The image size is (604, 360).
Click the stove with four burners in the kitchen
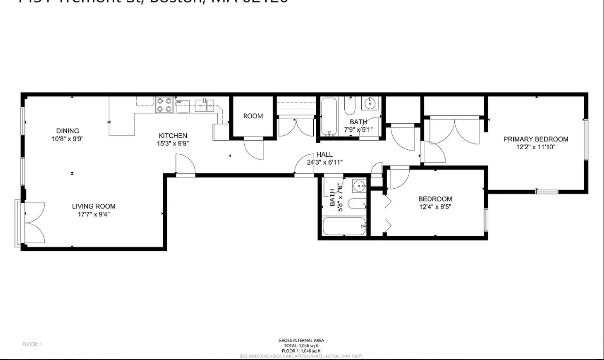[x=165, y=105]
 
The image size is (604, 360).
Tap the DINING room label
[x=68, y=131]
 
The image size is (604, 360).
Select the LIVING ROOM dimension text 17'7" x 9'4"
[x=94, y=215]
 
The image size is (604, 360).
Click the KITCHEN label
[x=172, y=136]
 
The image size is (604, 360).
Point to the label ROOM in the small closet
[x=253, y=116]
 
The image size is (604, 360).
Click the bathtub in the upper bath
[x=328, y=116]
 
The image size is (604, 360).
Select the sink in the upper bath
[x=371, y=103]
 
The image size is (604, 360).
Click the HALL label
[x=324, y=154]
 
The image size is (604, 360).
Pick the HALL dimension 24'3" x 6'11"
[x=325, y=162]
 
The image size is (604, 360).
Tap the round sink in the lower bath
[x=359, y=186]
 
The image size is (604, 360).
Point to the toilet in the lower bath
[x=357, y=204]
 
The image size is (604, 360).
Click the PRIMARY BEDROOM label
[x=536, y=139]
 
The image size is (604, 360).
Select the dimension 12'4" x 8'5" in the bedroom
[x=435, y=207]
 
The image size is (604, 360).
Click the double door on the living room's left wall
[x=31, y=223]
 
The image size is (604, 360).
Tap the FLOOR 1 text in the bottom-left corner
[x=32, y=344]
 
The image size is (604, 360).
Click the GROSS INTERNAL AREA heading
[x=301, y=341]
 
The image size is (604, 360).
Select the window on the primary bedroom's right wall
[x=586, y=139]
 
